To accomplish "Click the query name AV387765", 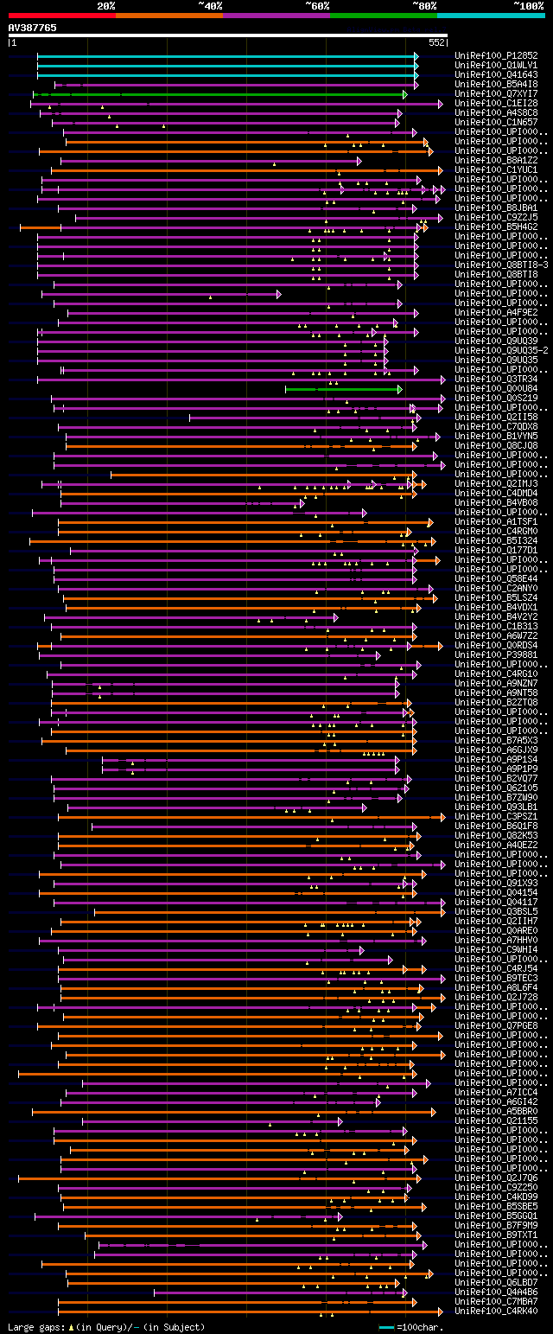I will point(33,28).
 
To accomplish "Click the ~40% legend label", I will point(210,5).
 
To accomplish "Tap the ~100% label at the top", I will point(528,5).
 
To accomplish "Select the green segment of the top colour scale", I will point(383,15).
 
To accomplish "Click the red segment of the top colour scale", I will point(61,15).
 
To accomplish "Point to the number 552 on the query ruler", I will point(436,41).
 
